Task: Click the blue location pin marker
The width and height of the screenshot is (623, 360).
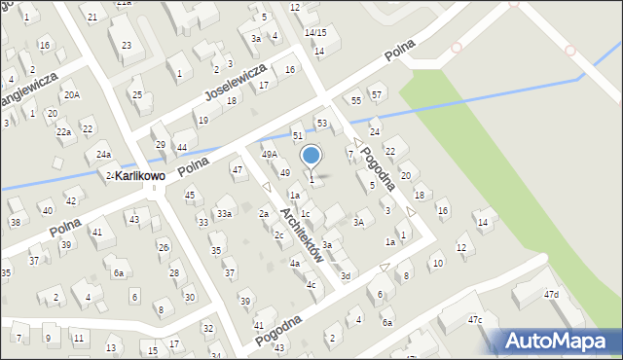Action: click(311, 157)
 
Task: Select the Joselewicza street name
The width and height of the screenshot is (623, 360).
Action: click(235, 84)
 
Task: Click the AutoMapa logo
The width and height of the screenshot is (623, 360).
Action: click(558, 342)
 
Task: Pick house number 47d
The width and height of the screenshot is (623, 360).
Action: click(551, 294)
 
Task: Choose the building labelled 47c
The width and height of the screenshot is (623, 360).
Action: click(474, 319)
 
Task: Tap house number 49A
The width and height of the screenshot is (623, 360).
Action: click(270, 154)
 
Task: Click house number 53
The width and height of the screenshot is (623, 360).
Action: click(321, 124)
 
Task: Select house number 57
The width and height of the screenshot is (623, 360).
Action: click(377, 94)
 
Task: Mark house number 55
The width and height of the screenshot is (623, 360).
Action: click(356, 100)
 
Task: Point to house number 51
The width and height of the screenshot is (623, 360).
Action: click(298, 136)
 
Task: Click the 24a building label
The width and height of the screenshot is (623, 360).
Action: click(103, 155)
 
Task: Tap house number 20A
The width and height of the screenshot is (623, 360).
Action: click(72, 95)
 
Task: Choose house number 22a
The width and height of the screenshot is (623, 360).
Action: click(63, 131)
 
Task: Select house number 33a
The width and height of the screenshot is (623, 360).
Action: click(224, 213)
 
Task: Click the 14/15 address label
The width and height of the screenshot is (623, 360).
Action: click(314, 32)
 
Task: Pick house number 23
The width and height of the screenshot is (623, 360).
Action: click(127, 46)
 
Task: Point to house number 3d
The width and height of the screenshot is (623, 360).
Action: click(345, 275)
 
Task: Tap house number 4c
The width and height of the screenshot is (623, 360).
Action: click(311, 285)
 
